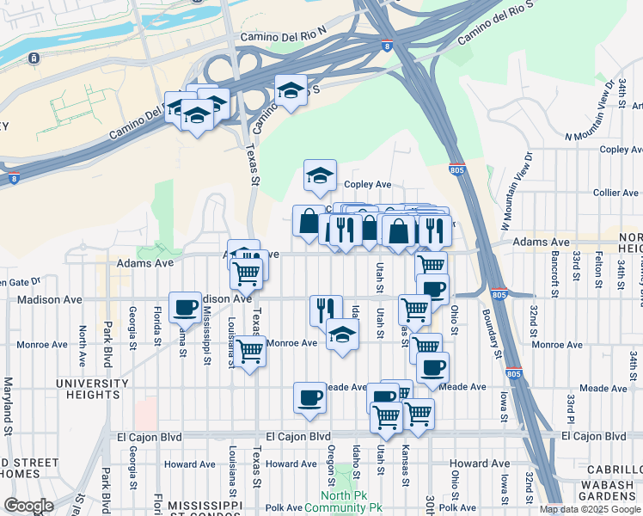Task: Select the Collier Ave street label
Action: pos(615,193)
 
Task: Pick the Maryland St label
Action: pos(8,403)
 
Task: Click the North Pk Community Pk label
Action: pos(350,501)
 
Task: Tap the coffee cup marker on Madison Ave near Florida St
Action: pos(185,307)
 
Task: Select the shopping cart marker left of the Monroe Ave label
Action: pos(250,351)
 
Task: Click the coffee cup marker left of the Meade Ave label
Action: pos(309,397)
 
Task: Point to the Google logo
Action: pos(28,506)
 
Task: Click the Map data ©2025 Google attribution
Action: pos(589,509)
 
